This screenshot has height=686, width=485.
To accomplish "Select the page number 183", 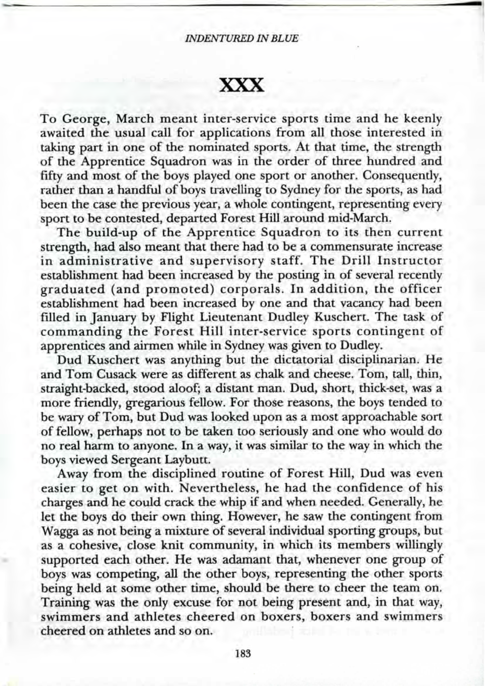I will (243, 653).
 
